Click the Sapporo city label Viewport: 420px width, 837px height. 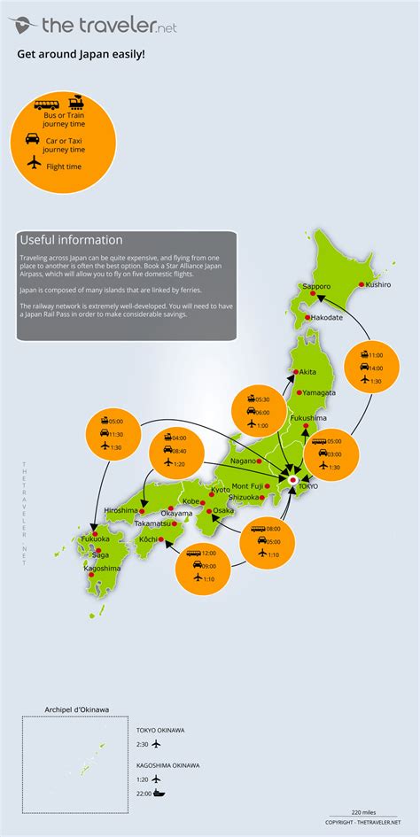click(x=316, y=287)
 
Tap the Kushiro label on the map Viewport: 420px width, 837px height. click(x=376, y=285)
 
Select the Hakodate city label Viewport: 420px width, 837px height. click(x=326, y=317)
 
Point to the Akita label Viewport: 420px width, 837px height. click(x=308, y=372)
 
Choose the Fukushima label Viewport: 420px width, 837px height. click(x=308, y=417)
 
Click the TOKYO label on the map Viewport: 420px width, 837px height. click(x=308, y=486)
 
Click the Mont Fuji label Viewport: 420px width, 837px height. click(x=247, y=486)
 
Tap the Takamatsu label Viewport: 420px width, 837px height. click(x=128, y=524)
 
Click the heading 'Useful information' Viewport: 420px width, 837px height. click(x=71, y=240)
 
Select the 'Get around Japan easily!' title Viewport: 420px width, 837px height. click(x=81, y=54)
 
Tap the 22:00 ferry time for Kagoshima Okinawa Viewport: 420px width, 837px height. click(x=143, y=793)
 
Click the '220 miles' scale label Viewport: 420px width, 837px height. click(x=362, y=812)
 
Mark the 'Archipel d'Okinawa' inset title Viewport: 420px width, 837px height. click(x=77, y=709)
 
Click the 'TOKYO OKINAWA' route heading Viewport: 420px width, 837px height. click(x=160, y=730)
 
